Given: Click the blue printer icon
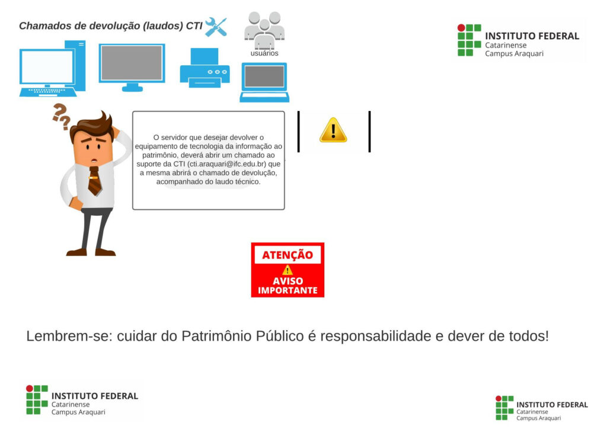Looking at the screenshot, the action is coord(205,68).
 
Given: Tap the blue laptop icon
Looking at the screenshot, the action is coord(264,82).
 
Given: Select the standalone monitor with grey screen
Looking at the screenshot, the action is coord(132,68).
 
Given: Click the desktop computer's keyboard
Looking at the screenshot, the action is coord(48,92).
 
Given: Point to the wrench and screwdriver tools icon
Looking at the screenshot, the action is coord(216,27).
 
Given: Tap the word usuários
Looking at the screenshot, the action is coord(264,53).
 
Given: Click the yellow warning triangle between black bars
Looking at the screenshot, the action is coord(333,130).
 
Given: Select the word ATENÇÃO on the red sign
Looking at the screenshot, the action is coord(287,255).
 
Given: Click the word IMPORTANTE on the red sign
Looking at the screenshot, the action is coord(287,290).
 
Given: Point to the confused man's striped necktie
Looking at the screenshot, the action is coord(94,181).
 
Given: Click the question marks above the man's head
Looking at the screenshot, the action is coord(62,116).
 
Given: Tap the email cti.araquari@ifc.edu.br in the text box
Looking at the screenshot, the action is coord(226,164).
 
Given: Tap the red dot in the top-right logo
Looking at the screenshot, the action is coord(461,28).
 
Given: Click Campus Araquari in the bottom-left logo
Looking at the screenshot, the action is coord(78,412).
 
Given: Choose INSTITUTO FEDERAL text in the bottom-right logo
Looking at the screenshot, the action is coord(552,405).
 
